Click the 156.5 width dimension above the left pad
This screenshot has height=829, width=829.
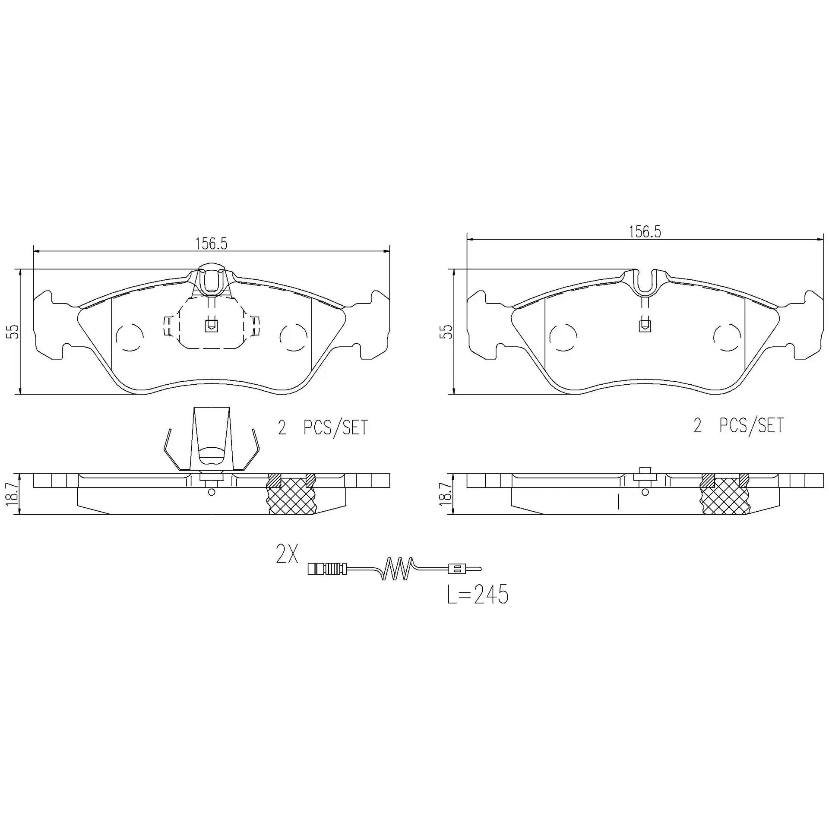pos(211,244)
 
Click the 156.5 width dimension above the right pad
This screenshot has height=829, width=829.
pos(645,232)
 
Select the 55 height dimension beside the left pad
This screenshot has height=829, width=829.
pos(14,332)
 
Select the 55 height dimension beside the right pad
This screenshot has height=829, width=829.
pos(448,332)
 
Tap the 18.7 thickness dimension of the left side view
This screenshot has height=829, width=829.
pos(13,495)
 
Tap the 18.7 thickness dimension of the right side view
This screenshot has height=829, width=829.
pos(446,495)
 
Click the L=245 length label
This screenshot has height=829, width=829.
pos(478,595)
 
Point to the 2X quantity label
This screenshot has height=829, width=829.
pos(287,554)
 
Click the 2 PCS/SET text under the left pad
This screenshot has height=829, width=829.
pos(323,427)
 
